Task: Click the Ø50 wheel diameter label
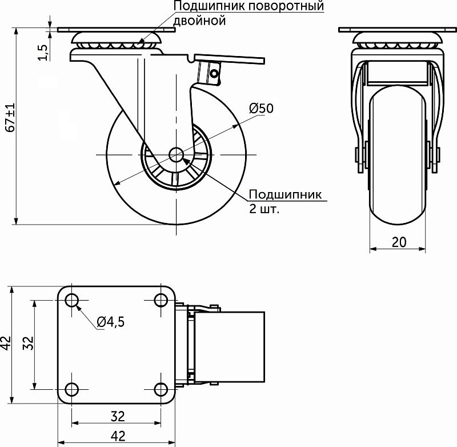coord(262,108)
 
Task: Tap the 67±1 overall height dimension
coord(10,118)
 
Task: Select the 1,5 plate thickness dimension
coord(43,53)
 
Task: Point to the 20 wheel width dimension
coord(399,242)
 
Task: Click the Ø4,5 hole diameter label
coord(111,322)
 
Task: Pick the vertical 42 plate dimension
coord(6,343)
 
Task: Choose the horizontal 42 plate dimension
coord(118,436)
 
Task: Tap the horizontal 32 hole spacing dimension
coord(118,416)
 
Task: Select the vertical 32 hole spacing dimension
coord(28,343)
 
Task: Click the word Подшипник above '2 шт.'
coord(285,194)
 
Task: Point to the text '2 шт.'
coord(264,209)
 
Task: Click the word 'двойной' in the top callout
coord(199,21)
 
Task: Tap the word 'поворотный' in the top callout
coord(287,6)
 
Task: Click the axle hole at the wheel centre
coord(177,154)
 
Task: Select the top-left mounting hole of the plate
coord(72,300)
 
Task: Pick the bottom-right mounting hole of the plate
coord(161,389)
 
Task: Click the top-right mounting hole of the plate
coord(161,300)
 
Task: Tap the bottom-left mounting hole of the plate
coord(72,389)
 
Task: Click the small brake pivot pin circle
coord(215,74)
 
